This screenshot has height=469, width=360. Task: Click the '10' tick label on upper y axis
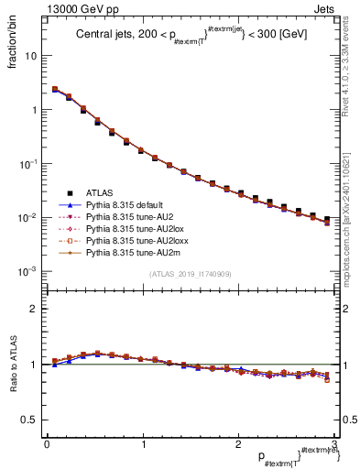click(x=30, y=56)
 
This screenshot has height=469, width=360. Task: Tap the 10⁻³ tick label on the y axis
click(x=27, y=272)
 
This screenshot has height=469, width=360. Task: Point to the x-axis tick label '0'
click(x=47, y=444)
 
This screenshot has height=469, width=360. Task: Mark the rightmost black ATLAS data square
click(x=327, y=219)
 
